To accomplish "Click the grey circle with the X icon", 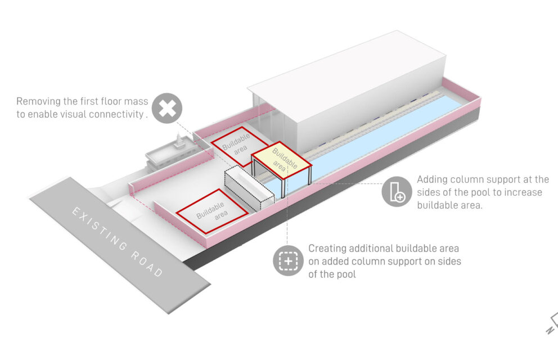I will point(167,109).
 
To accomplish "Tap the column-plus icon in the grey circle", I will point(397,192).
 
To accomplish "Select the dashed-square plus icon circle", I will point(289,260).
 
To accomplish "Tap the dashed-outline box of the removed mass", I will point(249,190).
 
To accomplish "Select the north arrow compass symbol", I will point(552,323).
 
